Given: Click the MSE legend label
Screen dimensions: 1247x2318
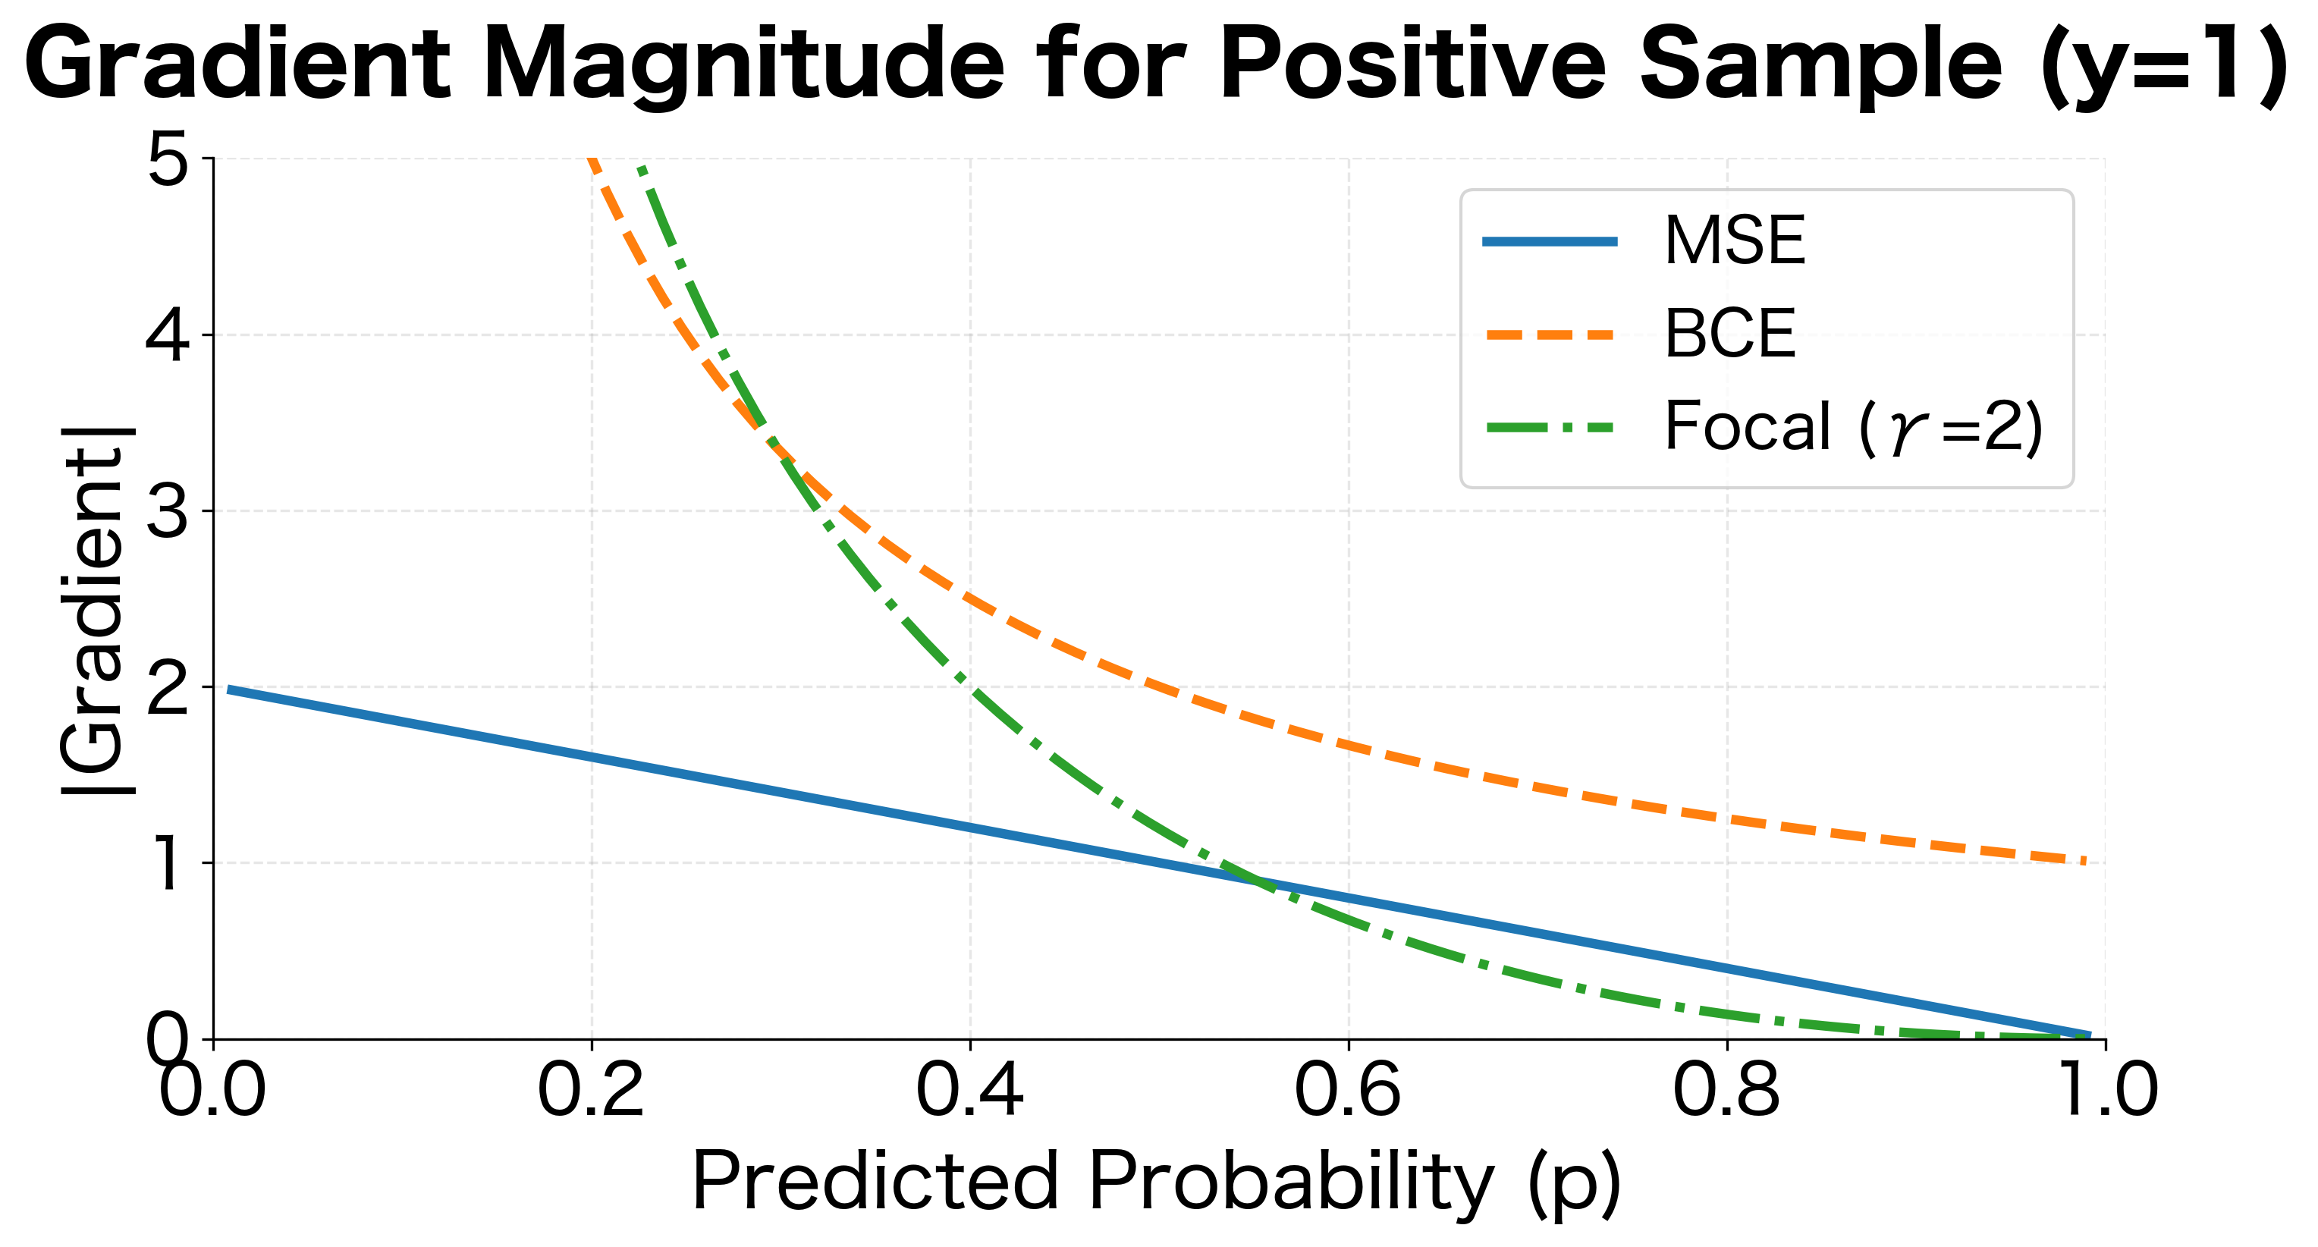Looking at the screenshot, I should pos(1734,241).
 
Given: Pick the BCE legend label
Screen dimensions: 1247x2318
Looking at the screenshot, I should pos(1729,335).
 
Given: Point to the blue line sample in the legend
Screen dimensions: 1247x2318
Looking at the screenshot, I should pos(1550,241).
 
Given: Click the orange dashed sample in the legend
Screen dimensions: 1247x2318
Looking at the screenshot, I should pos(1550,335).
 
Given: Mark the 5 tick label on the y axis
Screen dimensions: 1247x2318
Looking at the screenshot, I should pos(168,160).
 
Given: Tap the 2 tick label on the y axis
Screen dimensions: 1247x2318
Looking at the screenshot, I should pos(168,687).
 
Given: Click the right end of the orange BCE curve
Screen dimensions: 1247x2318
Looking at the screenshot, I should pos(2086,861).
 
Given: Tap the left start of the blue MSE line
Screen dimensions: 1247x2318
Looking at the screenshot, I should pos(231,689).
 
